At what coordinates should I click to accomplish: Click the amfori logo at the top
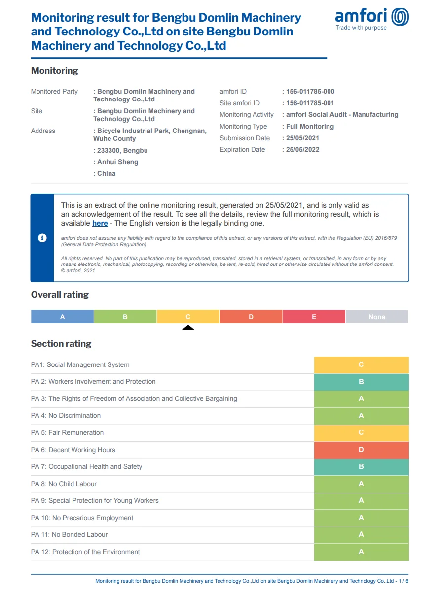coord(371,19)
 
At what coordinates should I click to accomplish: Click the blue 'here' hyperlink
coord(100,223)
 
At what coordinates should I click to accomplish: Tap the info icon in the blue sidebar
coord(42,238)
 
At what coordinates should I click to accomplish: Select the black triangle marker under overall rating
coord(188,327)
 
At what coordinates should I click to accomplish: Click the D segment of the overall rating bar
coord(251,317)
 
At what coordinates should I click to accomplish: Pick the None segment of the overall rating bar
coord(377,317)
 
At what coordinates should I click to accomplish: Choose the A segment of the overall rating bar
coord(62,317)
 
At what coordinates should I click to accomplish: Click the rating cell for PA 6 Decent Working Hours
coord(361,450)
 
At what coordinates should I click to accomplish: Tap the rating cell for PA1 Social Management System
coord(361,365)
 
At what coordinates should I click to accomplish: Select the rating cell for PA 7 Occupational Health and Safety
coord(361,467)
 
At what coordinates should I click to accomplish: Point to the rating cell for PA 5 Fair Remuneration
coord(361,433)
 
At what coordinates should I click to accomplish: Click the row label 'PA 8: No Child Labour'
coord(64,484)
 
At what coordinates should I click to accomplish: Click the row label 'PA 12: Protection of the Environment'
coord(85,552)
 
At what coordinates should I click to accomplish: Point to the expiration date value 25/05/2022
coord(303,150)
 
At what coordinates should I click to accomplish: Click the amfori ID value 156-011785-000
coord(310,92)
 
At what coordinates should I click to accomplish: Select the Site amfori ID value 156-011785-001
coord(310,103)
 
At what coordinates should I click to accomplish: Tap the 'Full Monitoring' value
coord(310,127)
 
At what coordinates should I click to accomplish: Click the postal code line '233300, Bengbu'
coord(122,151)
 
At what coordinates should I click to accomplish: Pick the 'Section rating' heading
coord(61,344)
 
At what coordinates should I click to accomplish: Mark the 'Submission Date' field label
coord(245,138)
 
